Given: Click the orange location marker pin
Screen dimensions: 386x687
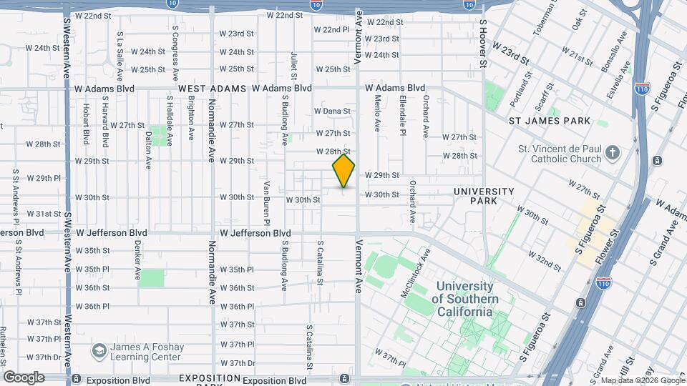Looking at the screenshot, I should tap(344, 170).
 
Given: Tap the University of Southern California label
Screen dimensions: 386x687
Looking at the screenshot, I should tap(464, 299).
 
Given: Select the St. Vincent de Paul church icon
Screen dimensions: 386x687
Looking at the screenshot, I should tap(612, 152).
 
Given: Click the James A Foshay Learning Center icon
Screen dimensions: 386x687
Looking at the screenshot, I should tap(99, 351).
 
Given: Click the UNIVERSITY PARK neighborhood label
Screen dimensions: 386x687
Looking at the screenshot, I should tap(484, 197).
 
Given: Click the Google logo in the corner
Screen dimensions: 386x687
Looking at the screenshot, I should tap(24, 377).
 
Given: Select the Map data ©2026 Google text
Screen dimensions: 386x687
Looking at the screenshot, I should tap(642, 380).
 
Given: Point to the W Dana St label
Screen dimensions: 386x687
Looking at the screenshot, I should tap(332, 111).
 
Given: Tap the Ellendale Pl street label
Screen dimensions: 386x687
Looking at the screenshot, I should tap(403, 115).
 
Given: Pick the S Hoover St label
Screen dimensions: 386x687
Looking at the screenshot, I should tap(483, 44).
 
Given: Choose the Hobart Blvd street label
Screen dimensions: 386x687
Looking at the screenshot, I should tap(86, 124).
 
